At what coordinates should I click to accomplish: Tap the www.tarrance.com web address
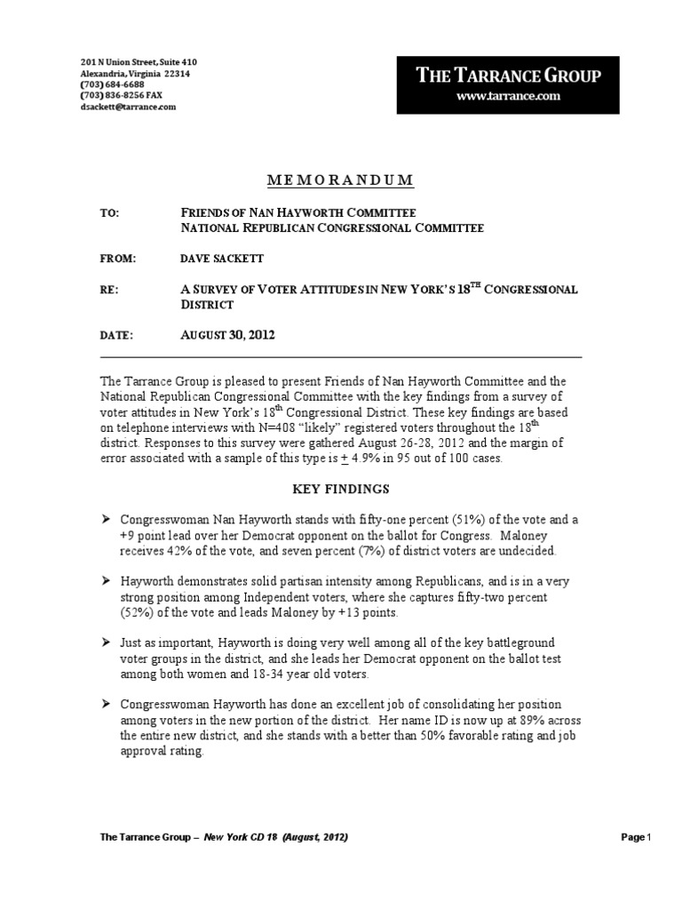click(509, 96)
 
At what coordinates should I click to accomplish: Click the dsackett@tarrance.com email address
click(129, 107)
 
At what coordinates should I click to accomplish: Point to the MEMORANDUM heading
click(341, 180)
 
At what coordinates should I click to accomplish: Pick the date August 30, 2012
click(227, 335)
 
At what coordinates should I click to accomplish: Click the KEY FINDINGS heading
click(341, 489)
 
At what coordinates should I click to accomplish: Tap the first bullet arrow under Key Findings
click(107, 519)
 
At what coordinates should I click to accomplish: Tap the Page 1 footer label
click(637, 837)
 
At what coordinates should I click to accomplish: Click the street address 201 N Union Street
click(118, 61)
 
